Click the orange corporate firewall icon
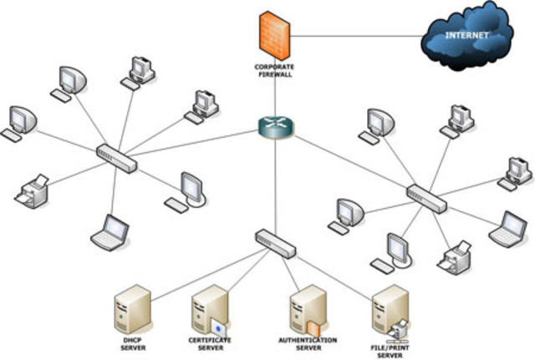click(x=274, y=36)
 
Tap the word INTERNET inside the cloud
click(x=466, y=35)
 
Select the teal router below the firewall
click(x=276, y=127)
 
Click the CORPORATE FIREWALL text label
click(x=274, y=70)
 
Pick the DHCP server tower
click(x=132, y=310)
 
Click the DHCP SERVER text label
click(x=133, y=344)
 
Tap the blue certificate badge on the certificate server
click(x=218, y=328)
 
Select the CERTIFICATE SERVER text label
click(x=210, y=344)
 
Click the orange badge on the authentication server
click(x=313, y=328)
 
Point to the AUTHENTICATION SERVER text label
click(x=308, y=344)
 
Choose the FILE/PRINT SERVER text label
click(x=390, y=352)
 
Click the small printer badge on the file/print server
click(x=398, y=331)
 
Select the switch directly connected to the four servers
click(x=275, y=243)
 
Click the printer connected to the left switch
click(x=32, y=191)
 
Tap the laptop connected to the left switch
click(x=110, y=232)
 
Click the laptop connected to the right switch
click(x=508, y=230)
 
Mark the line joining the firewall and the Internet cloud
click(x=357, y=36)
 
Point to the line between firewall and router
click(x=275, y=97)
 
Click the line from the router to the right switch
click(x=351, y=162)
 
